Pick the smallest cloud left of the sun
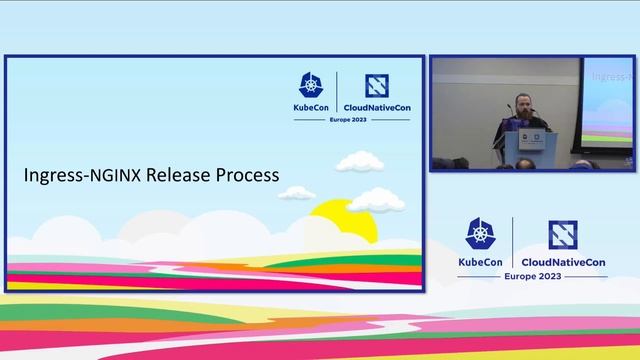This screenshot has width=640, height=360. tap(297, 191)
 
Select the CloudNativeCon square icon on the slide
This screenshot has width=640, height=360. tap(376, 85)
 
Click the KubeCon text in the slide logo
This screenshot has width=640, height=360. tap(313, 106)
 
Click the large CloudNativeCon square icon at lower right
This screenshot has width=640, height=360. tap(564, 234)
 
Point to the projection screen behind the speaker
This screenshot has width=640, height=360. tap(608, 100)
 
